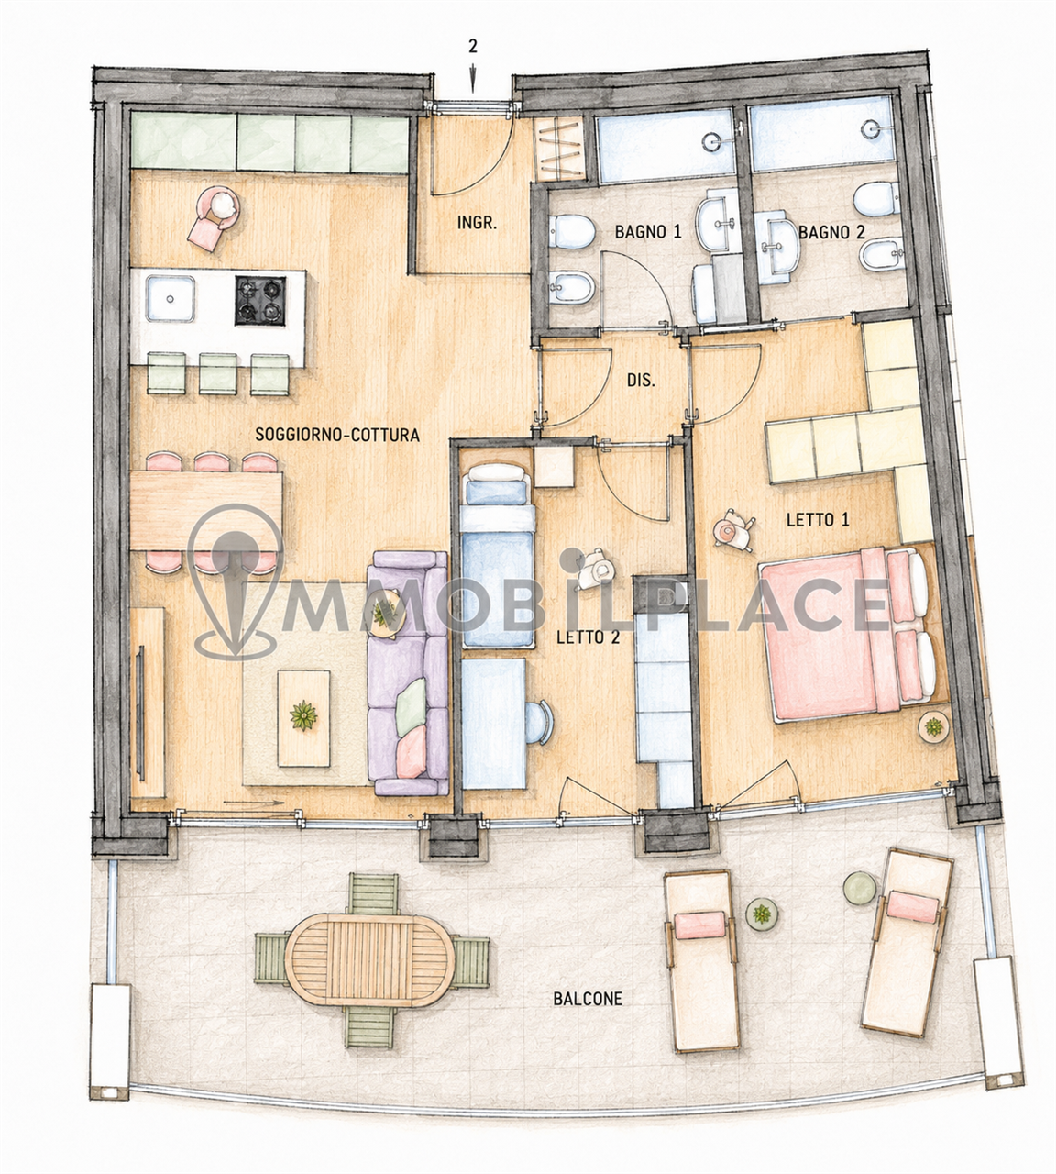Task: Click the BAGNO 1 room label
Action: pos(648,232)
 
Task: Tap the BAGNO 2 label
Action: pos(831,232)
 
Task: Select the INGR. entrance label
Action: pos(478,222)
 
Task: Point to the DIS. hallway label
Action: pos(641,381)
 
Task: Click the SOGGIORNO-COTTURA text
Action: pos(337,434)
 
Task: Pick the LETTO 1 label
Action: pos(818,520)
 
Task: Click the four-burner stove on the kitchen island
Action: pos(260,301)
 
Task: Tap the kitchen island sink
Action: pos(170,298)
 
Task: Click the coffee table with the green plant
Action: pos(303,718)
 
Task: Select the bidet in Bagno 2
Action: pos(882,256)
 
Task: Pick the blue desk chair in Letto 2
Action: pos(539,722)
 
